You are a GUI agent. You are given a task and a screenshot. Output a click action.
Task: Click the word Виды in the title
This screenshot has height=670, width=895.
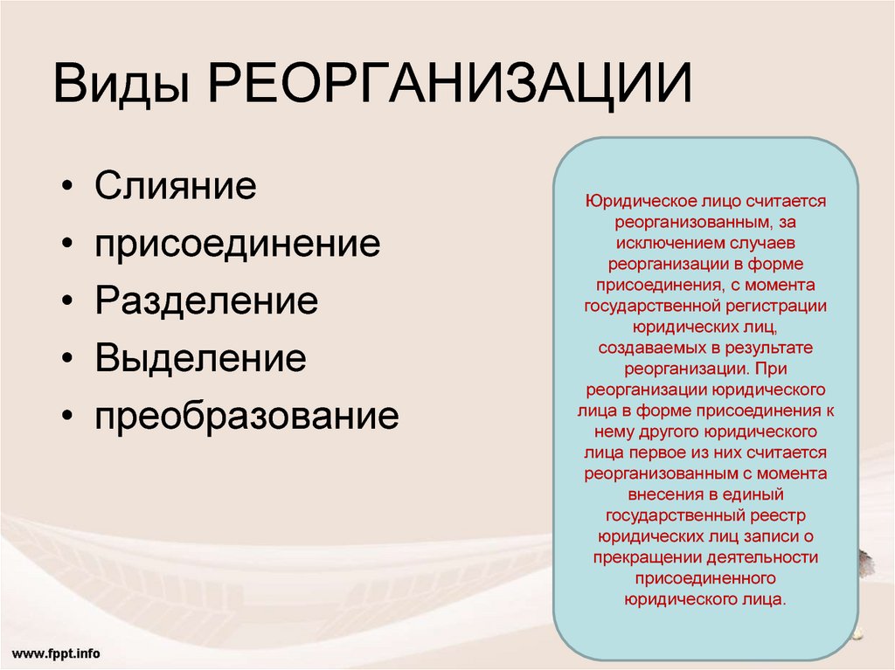click(x=121, y=83)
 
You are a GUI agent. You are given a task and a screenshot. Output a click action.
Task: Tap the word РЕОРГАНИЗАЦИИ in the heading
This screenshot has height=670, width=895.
click(x=450, y=83)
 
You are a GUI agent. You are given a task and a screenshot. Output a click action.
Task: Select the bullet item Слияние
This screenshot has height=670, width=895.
click(x=175, y=185)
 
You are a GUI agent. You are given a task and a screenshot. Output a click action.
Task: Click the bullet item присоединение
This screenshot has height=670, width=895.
click(x=238, y=245)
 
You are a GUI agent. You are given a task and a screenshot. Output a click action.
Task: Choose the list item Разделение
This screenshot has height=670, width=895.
click(x=206, y=301)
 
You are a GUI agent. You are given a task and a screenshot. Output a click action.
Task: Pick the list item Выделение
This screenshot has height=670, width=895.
click(x=200, y=358)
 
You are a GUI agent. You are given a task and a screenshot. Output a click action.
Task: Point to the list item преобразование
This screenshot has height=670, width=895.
click(x=246, y=416)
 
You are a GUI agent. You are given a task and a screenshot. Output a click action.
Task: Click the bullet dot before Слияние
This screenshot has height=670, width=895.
click(x=67, y=186)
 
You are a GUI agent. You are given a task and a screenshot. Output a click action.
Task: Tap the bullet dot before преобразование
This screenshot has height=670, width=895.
click(x=67, y=417)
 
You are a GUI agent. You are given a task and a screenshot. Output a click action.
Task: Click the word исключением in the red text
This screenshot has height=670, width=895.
click(x=663, y=243)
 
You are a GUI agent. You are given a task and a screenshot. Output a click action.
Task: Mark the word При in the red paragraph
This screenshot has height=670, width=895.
click(x=771, y=369)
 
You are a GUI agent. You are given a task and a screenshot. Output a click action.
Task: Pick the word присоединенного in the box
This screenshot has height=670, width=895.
click(x=705, y=578)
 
